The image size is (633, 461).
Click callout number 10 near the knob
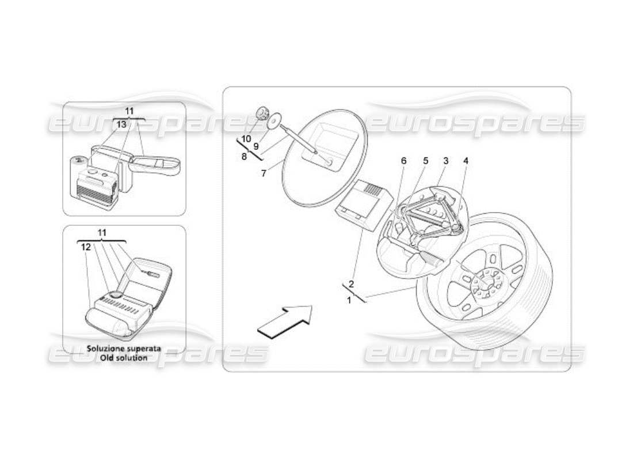[x=246, y=139]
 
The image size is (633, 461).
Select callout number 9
[x=256, y=146]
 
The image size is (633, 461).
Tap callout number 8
[x=244, y=156]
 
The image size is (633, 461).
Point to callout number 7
[x=264, y=173]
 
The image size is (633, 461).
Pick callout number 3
[x=445, y=161]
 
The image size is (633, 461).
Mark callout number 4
[x=466, y=161]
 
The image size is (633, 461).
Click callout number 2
[x=351, y=284]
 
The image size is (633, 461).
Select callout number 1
[x=348, y=300]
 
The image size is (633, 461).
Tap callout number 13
[x=121, y=124]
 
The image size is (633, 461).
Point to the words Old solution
[x=124, y=357]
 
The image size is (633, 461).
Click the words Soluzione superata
[x=124, y=349]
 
